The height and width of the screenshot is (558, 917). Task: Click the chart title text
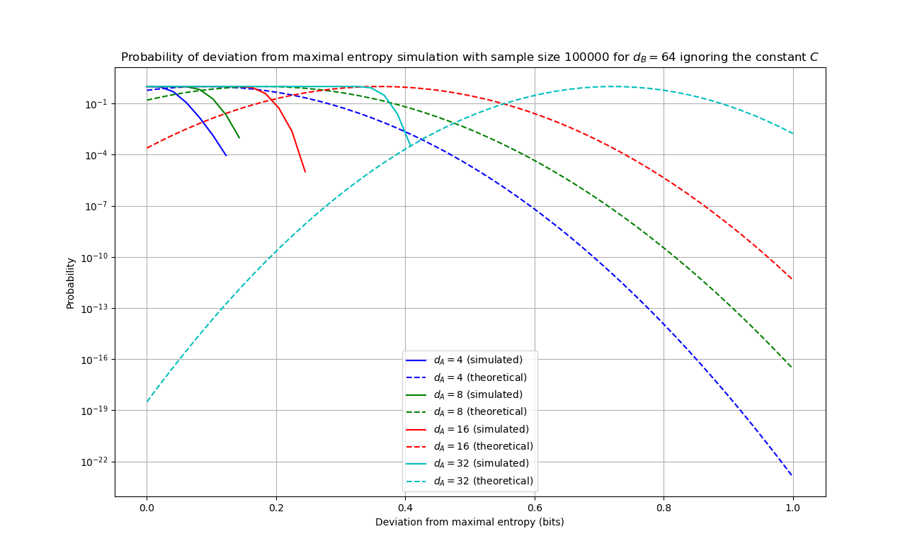pyautogui.click(x=469, y=57)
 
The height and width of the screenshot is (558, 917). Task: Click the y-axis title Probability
pyautogui.click(x=70, y=283)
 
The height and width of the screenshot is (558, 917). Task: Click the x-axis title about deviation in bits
pyautogui.click(x=469, y=522)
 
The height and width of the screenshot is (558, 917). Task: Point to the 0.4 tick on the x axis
pyautogui.click(x=405, y=508)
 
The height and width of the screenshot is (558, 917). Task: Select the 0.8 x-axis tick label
pyautogui.click(x=663, y=508)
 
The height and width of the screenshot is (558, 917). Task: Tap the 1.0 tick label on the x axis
pyautogui.click(x=792, y=508)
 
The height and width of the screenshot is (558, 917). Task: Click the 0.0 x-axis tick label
pyautogui.click(x=147, y=508)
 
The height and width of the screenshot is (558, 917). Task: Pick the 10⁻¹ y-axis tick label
pyautogui.click(x=94, y=104)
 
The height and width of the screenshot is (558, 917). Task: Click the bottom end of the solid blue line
pyautogui.click(x=226, y=156)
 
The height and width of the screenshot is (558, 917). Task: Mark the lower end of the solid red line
pyautogui.click(x=305, y=172)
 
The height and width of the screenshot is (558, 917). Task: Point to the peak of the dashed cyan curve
pyautogui.click(x=612, y=86)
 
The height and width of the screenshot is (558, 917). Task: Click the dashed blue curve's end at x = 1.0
pyautogui.click(x=792, y=475)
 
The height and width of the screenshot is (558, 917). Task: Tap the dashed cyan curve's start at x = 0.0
pyautogui.click(x=147, y=402)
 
